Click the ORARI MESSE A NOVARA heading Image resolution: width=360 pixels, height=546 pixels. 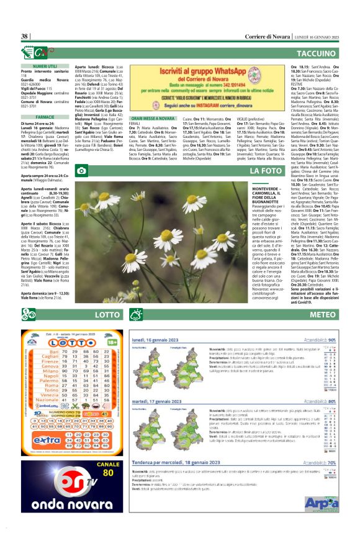pos(153,118)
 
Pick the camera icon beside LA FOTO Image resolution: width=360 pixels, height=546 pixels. pos(81,170)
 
